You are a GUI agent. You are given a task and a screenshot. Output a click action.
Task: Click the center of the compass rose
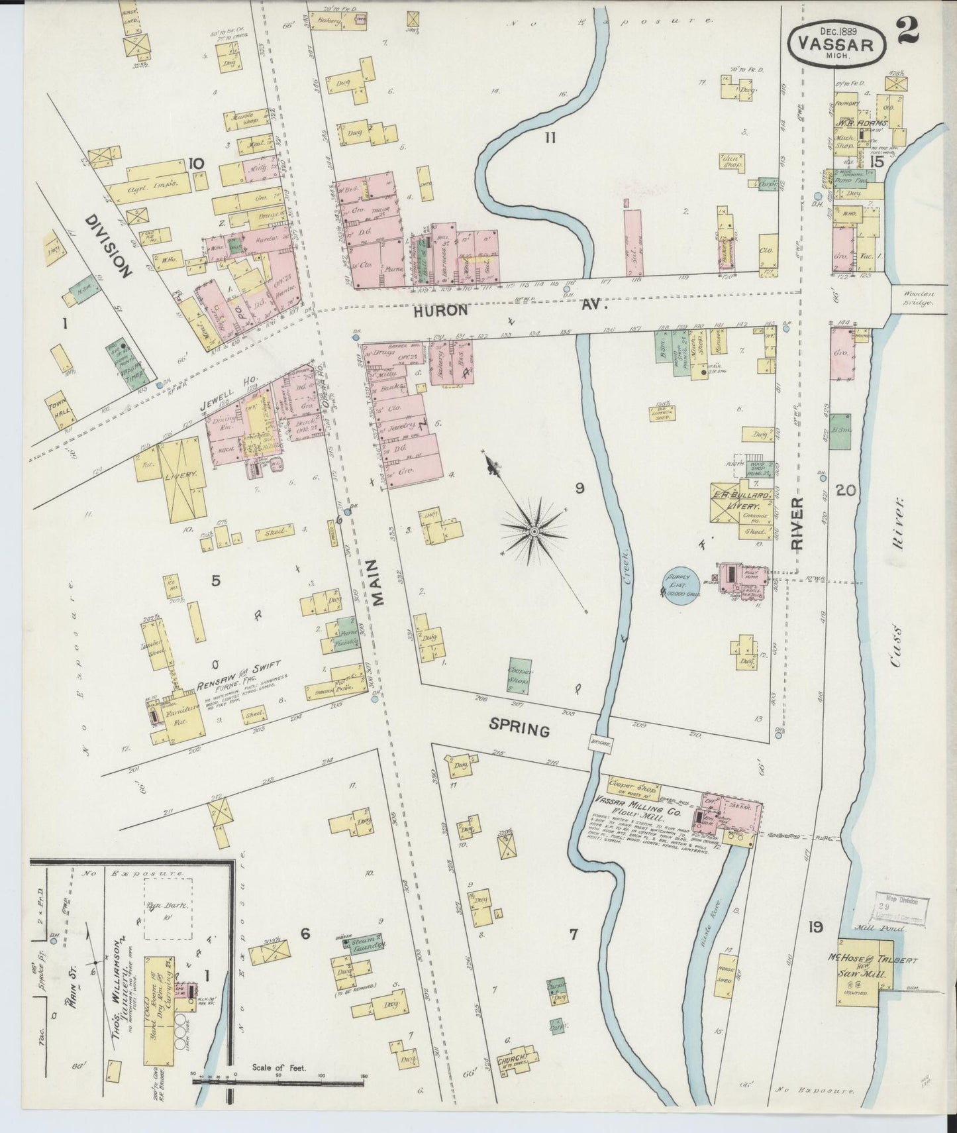click(534, 531)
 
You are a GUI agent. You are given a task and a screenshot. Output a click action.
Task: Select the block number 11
click(549, 138)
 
